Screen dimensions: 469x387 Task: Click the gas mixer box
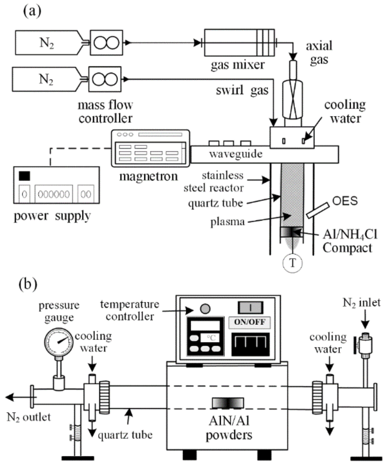239,43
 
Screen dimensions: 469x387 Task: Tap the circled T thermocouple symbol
292,263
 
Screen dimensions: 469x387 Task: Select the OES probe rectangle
317,211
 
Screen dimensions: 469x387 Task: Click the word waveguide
236,154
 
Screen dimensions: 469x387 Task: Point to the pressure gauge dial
59,342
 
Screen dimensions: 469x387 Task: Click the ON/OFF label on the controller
249,322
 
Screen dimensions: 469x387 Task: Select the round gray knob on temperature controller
205,309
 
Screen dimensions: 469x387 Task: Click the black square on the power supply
24,176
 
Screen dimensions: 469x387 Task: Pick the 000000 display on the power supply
54,194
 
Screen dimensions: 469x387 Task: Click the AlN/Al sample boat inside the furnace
228,403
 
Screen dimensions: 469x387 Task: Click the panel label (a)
32,11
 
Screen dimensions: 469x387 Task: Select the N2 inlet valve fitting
365,344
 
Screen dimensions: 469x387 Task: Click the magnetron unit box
150,148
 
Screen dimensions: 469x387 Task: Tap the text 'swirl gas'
242,90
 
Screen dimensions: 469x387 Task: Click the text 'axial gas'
319,53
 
